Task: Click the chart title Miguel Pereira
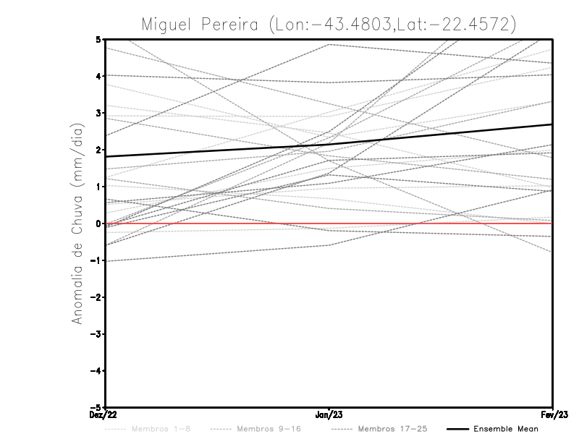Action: point(329,24)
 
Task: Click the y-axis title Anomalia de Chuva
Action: point(77,223)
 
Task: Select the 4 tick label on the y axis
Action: point(98,76)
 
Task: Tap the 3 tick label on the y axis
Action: point(98,113)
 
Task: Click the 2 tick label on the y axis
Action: point(98,150)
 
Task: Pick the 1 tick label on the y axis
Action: point(98,187)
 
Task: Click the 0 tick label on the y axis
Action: point(98,223)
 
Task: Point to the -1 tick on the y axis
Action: point(97,260)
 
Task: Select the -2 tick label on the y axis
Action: point(97,297)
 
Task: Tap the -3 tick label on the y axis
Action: point(97,334)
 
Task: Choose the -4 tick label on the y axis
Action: point(97,371)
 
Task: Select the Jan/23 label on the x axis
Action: point(329,415)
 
